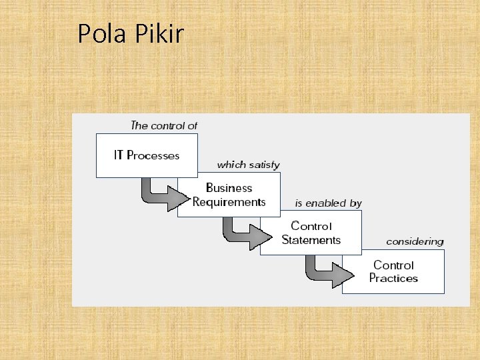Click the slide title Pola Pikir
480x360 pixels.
pyautogui.click(x=130, y=33)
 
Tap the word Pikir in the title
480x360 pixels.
pyautogui.click(x=160, y=33)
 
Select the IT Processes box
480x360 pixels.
pyautogui.click(x=147, y=155)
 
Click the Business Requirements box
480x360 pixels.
pyautogui.click(x=229, y=195)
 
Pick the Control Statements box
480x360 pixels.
pyautogui.click(x=311, y=233)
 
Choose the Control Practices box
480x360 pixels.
pyautogui.click(x=393, y=271)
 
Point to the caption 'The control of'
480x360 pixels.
pyautogui.click(x=164, y=125)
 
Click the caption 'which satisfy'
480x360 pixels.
pyautogui.click(x=248, y=165)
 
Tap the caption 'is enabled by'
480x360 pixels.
pyautogui.click(x=328, y=203)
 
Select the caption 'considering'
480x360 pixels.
pyautogui.click(x=415, y=241)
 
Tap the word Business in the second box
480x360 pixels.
pyautogui.click(x=229, y=188)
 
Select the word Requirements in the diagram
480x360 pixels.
pyautogui.click(x=229, y=202)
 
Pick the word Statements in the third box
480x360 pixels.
pyautogui.click(x=311, y=240)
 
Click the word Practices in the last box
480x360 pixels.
pyautogui.click(x=393, y=279)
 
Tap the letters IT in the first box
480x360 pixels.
pyautogui.click(x=119, y=155)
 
